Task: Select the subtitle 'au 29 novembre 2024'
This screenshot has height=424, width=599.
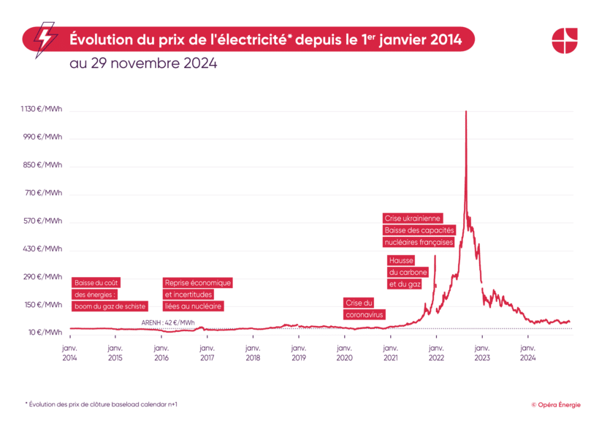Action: (x=143, y=64)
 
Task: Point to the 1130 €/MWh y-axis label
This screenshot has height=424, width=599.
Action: (x=41, y=110)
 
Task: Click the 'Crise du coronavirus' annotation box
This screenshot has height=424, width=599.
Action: (x=363, y=308)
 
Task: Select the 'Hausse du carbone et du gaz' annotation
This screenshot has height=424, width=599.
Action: (x=407, y=272)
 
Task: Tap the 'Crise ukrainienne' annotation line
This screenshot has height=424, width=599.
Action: (x=413, y=218)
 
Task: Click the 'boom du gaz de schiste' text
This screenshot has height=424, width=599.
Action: (x=110, y=306)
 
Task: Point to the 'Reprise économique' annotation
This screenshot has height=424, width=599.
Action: (x=197, y=283)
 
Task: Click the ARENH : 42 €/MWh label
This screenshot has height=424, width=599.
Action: (x=168, y=322)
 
